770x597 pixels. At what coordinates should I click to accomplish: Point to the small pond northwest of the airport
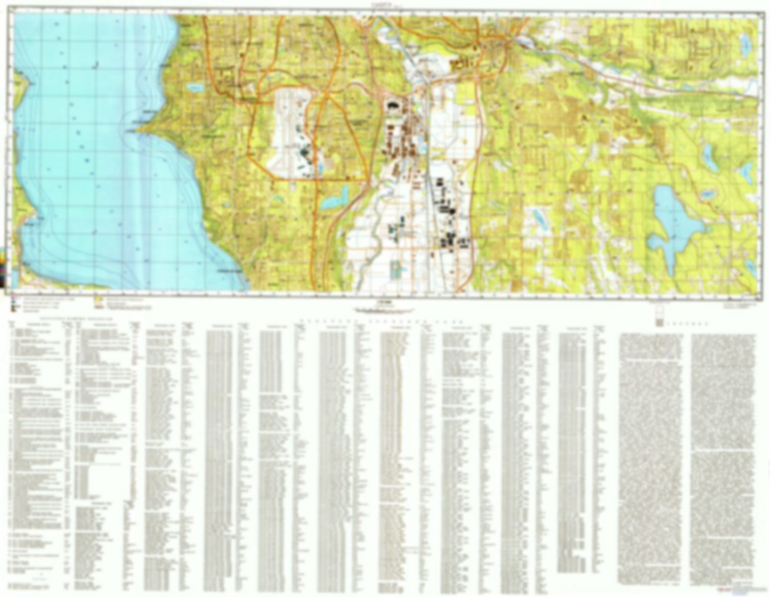[x=194, y=87]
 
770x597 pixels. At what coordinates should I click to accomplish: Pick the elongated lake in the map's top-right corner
[x=743, y=43]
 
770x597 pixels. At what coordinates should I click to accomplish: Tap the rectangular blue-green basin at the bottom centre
[x=396, y=270]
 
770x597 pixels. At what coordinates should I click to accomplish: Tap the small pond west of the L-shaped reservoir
[x=277, y=200]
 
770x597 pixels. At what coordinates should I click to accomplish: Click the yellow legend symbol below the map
[x=99, y=305]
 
